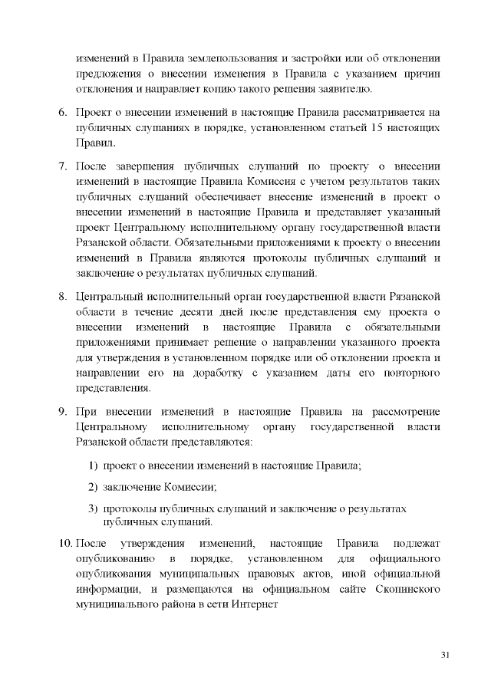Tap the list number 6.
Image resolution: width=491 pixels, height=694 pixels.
tap(64, 113)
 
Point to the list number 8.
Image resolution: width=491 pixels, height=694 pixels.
tap(64, 296)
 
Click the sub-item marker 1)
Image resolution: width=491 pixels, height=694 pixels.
tap(92, 465)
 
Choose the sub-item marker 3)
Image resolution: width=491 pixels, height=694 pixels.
tap(92, 508)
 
